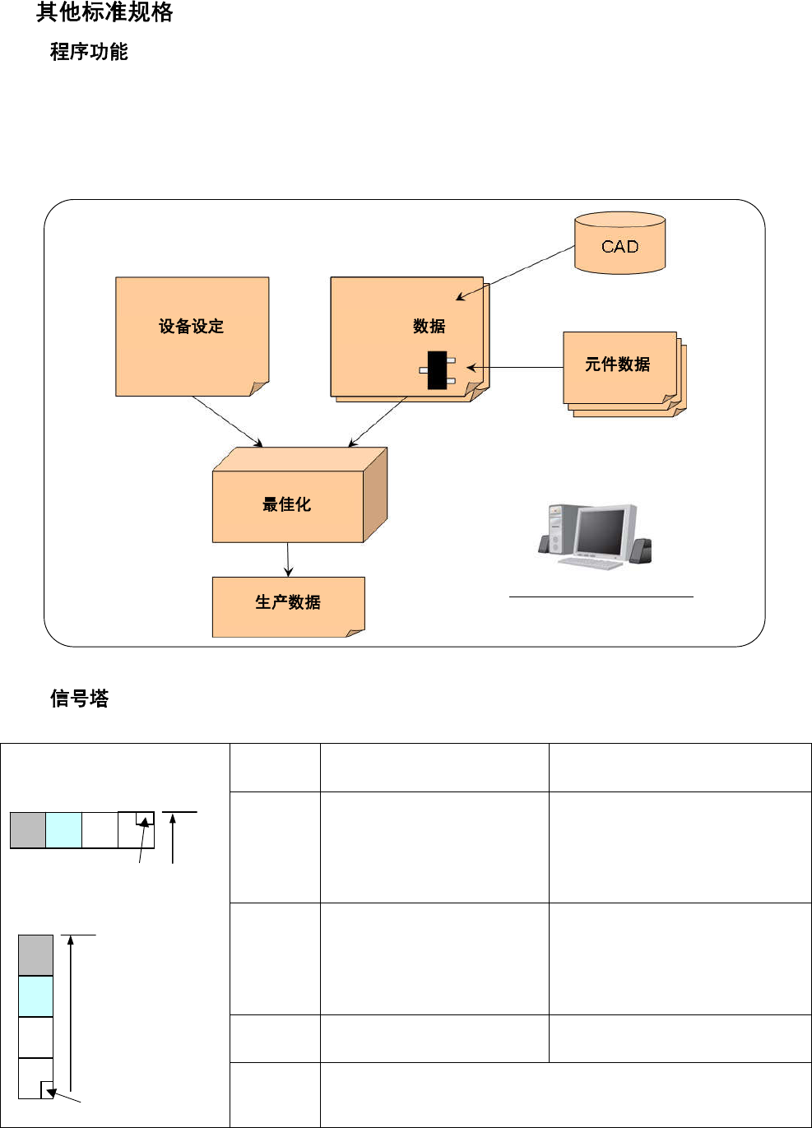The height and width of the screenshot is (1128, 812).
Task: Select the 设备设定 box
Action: pos(192,336)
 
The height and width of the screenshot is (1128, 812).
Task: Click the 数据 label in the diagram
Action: pos(429,327)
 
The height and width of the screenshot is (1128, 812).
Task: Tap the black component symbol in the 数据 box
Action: pos(437,370)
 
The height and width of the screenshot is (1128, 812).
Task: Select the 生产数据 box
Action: pos(288,606)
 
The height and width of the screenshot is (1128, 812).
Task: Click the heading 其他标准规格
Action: pos(104,12)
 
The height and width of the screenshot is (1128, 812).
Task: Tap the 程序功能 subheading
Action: pos(89,52)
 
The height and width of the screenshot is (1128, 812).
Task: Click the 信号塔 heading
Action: pos(79,699)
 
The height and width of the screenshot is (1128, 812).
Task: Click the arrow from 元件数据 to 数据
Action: pos(515,367)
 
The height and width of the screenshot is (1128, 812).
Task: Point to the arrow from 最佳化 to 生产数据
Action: pos(288,559)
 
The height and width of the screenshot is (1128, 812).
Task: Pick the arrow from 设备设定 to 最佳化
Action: pos(228,422)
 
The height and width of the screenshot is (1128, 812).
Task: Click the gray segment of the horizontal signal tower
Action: pos(27,830)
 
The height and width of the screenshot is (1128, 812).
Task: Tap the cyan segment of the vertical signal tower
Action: pos(35,996)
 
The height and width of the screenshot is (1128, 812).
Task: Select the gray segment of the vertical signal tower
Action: pos(35,955)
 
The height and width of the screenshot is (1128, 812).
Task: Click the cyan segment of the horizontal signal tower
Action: pos(63,830)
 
